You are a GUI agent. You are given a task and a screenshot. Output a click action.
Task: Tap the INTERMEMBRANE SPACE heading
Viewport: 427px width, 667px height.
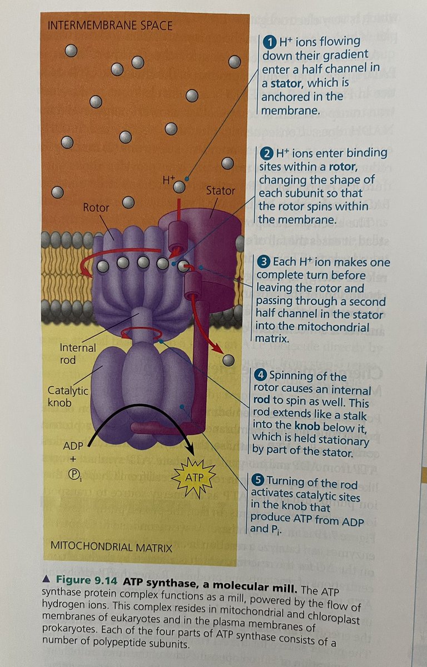point(110,26)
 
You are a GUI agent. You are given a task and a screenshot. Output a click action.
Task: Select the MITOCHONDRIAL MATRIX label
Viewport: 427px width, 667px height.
point(111,547)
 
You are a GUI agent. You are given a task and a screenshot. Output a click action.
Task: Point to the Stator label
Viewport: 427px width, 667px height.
point(221,191)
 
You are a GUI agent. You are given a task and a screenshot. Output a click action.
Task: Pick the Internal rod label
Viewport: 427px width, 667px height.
point(78,354)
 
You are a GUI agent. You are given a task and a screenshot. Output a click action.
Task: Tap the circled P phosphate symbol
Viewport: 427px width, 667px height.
point(73,474)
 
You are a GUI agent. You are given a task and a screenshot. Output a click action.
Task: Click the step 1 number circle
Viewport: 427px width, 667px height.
point(269,42)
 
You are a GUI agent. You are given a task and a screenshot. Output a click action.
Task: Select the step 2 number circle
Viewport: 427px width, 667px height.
point(267,152)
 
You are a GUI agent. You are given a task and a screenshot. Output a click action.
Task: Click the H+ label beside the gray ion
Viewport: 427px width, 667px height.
point(168,180)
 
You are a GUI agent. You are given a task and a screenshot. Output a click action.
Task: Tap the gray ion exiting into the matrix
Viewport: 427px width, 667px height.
point(227,360)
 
